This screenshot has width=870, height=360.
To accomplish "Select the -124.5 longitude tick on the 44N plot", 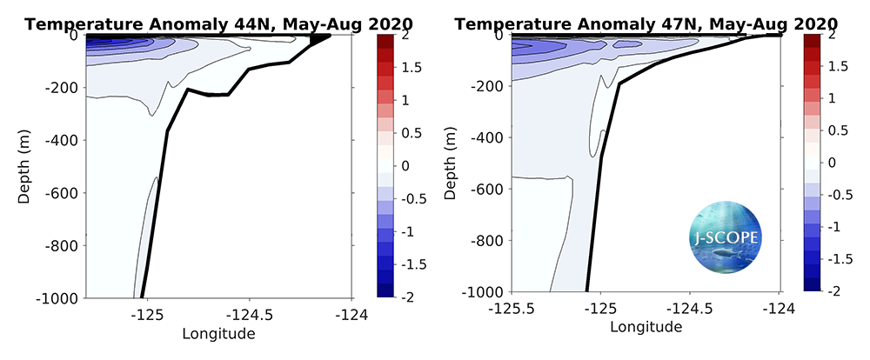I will (x=247, y=314).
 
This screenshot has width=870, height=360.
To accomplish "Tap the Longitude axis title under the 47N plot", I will (x=646, y=326).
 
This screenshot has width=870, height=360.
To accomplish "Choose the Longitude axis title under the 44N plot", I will (x=218, y=332).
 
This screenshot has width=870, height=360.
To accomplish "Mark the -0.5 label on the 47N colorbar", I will (x=836, y=195).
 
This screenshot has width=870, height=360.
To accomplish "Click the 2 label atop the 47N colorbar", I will (x=833, y=35).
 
